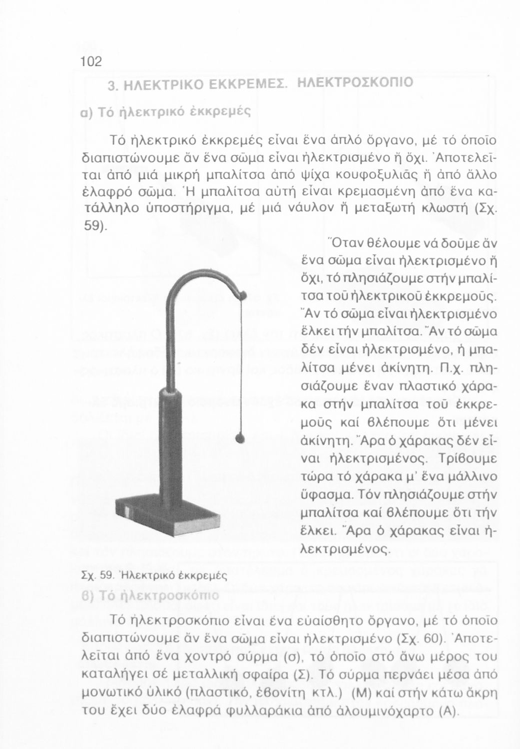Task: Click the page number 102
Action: pos(91,61)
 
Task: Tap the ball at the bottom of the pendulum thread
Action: pos(241,438)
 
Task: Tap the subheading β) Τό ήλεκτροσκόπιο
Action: pos(150,596)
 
